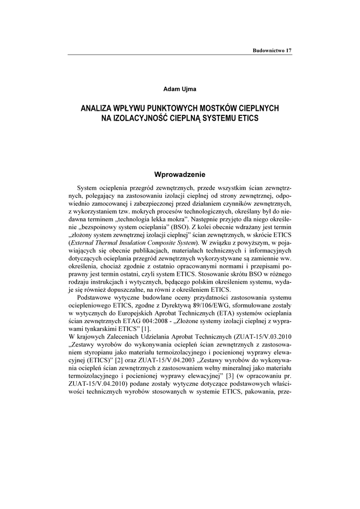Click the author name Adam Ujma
tap(180, 88)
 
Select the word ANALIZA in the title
tap(97, 108)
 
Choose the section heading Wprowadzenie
tap(180, 174)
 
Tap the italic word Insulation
tap(134, 243)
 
